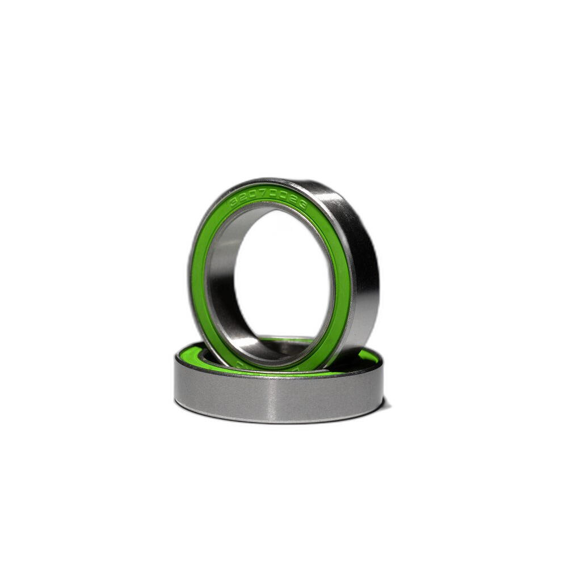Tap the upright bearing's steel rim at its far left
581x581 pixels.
[190, 272]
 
